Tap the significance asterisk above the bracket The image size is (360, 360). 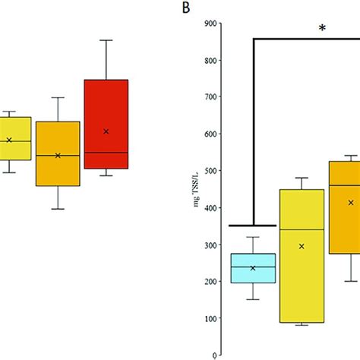[x=322, y=29]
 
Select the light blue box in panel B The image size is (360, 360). [x=253, y=268]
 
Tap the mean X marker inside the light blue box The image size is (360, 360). [x=253, y=268]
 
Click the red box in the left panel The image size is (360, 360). [x=106, y=124]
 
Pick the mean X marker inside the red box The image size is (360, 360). [x=106, y=131]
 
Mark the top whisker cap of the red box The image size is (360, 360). [x=106, y=40]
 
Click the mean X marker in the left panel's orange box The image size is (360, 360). [x=58, y=156]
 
